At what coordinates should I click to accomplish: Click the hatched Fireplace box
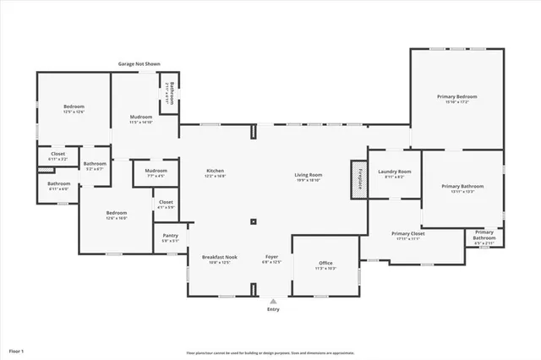tap(358, 179)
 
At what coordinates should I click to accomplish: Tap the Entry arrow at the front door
tap(272, 300)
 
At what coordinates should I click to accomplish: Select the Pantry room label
tap(170, 238)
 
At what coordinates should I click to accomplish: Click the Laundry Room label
tap(394, 173)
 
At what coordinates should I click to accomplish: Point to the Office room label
tap(325, 265)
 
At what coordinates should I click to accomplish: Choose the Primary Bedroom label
tap(457, 99)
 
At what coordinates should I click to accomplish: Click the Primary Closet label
tap(407, 235)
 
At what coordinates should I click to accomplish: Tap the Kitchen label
tap(215, 173)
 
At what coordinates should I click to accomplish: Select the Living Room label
tap(309, 176)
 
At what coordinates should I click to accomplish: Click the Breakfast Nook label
tap(219, 259)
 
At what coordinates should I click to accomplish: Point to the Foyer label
tap(271, 259)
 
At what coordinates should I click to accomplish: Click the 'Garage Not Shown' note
tap(139, 63)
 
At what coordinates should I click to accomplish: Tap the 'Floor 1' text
tap(17, 350)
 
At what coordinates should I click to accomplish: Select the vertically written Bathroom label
tap(170, 91)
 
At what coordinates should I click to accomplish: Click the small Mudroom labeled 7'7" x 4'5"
tap(156, 172)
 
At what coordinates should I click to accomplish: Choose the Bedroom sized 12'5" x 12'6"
tap(74, 108)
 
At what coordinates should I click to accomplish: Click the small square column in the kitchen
tap(253, 222)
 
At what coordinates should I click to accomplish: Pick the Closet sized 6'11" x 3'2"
tap(57, 156)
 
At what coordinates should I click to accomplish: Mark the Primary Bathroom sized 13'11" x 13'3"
tap(462, 188)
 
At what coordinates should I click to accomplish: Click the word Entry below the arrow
tap(272, 309)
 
